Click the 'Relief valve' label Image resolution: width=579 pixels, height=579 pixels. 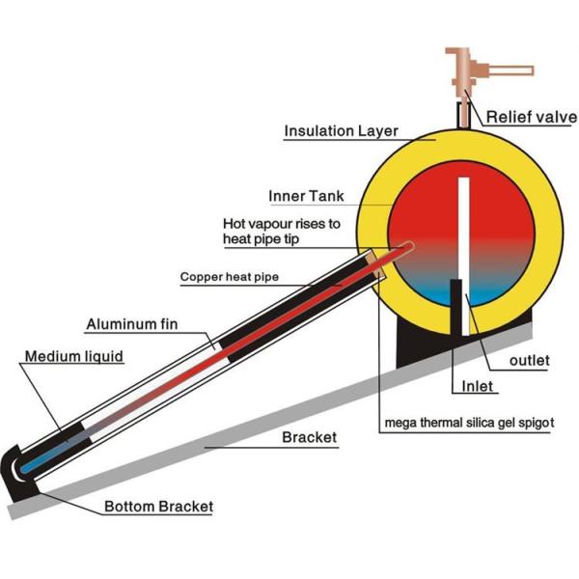(x=531, y=117)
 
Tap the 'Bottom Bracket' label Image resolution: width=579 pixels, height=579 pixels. (x=158, y=506)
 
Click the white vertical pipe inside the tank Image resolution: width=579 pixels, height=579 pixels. (x=465, y=241)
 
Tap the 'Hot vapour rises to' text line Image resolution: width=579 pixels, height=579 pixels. (x=281, y=223)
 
